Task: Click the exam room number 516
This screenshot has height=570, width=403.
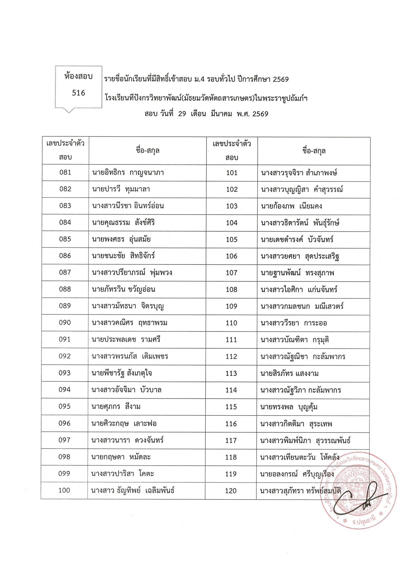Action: tap(78, 93)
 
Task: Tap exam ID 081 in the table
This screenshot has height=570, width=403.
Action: tap(65, 173)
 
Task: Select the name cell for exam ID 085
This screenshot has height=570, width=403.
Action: tap(121, 239)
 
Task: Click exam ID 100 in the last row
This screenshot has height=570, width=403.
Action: tap(64, 490)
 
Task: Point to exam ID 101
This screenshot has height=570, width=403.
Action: tap(232, 173)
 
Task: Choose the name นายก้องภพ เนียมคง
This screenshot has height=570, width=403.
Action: tap(291, 206)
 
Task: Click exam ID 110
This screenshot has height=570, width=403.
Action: tap(232, 323)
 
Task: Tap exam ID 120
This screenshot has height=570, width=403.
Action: tap(231, 491)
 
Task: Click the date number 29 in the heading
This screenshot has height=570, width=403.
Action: tap(182, 114)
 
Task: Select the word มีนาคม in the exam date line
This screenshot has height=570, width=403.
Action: tap(222, 114)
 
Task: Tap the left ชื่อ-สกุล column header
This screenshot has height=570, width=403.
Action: tap(148, 151)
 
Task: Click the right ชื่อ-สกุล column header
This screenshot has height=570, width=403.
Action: tap(314, 151)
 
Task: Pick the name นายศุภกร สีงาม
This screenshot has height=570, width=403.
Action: tap(116, 407)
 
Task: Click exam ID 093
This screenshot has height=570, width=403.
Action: tap(65, 373)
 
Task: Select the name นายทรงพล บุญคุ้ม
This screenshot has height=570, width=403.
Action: tap(289, 407)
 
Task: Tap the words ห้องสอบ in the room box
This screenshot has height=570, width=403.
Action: tap(78, 77)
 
